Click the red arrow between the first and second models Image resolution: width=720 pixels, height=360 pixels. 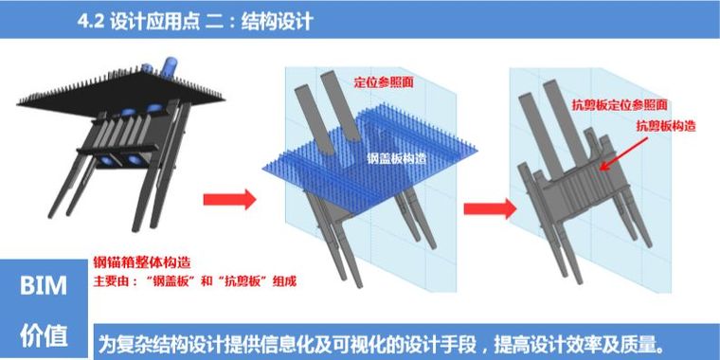point(230,199)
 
